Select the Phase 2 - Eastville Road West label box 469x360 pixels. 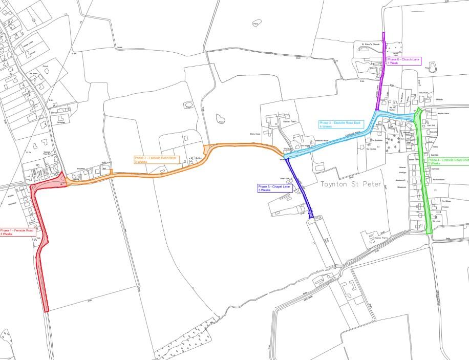pos(156,159)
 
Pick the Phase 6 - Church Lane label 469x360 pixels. pos(403,61)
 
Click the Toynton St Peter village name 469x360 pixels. pos(351,184)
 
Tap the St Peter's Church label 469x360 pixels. pos(370,45)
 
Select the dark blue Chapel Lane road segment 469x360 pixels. pos(299,187)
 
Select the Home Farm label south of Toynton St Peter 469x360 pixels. pos(382,238)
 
